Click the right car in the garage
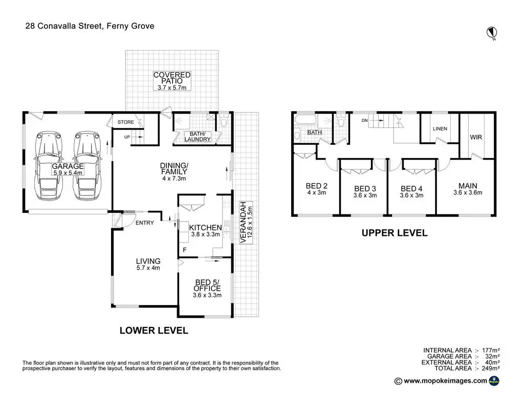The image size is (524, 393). [87, 166]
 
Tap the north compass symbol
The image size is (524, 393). [492, 33]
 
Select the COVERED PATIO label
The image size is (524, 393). [172, 78]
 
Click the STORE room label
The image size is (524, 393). [126, 122]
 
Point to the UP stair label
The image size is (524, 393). [127, 137]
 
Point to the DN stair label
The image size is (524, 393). [364, 120]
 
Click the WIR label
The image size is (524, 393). [476, 137]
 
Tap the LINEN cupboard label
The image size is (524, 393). [440, 128]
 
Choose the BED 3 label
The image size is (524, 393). [365, 189]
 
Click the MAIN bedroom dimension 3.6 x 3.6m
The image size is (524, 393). [468, 192]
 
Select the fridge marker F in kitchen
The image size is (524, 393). [184, 250]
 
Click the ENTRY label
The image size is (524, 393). [145, 223]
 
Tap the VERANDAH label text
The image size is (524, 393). [243, 222]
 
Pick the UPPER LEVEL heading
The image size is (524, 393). [395, 233]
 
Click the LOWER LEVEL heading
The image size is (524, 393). [154, 331]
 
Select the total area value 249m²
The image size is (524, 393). [491, 368]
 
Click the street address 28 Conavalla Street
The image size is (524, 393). [63, 26]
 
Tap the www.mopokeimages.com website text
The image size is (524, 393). [446, 381]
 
